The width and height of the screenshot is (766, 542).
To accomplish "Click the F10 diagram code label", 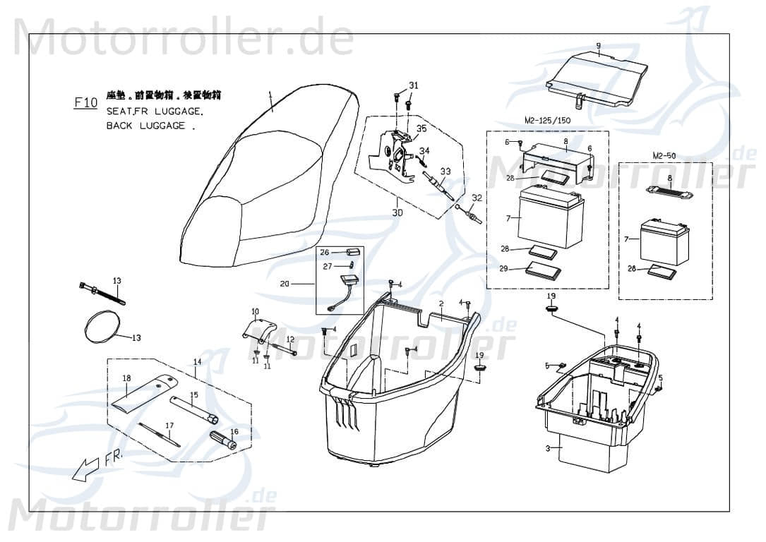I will click(x=86, y=103).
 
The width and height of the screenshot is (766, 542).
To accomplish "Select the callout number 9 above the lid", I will click(x=598, y=47).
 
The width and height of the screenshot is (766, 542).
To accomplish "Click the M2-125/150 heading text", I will click(x=547, y=120).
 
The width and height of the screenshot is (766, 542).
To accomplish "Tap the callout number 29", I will click(x=503, y=269).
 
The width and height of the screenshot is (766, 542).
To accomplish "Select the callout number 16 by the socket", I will click(x=234, y=431).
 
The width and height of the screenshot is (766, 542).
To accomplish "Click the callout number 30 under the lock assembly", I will click(x=397, y=212).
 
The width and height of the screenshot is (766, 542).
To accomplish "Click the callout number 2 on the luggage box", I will click(x=441, y=303).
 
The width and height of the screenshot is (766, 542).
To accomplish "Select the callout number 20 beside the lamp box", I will click(x=285, y=284).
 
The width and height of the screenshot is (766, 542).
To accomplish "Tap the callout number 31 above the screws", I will click(x=414, y=85).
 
